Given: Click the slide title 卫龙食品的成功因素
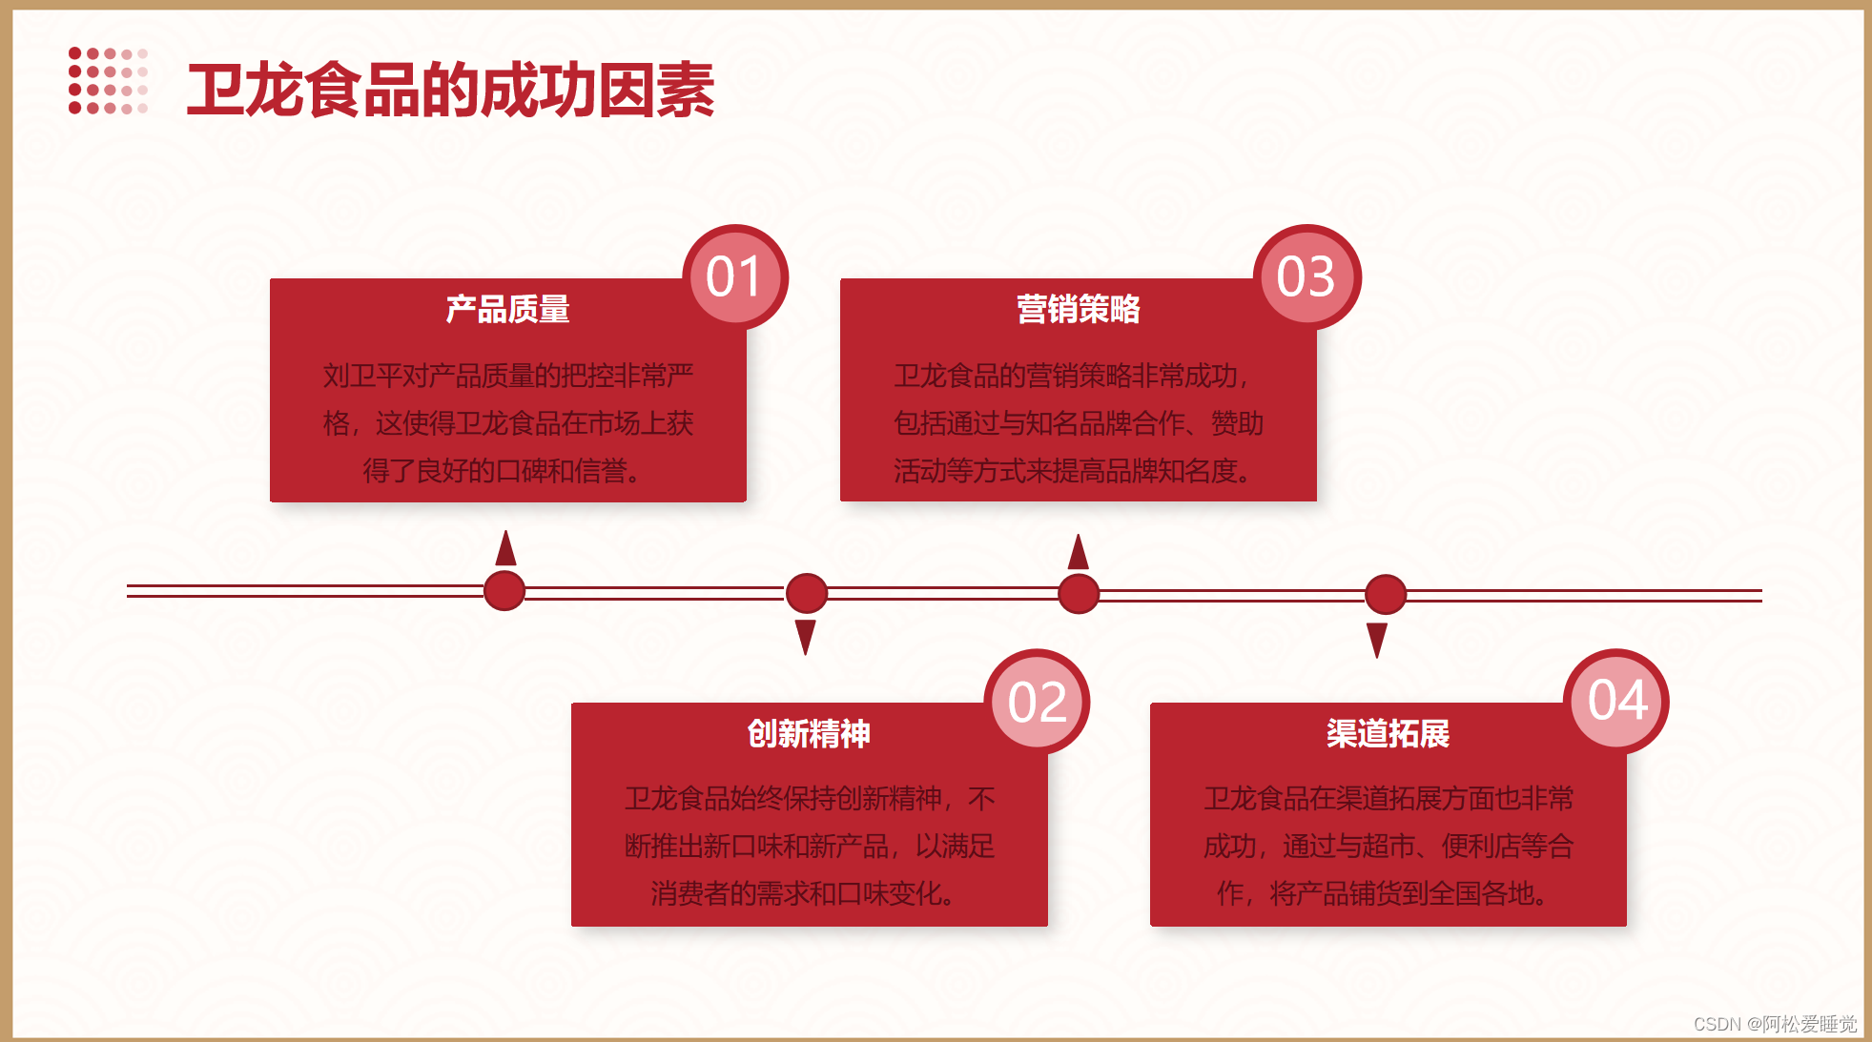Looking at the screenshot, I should tap(450, 91).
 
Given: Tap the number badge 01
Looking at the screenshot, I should tap(734, 277).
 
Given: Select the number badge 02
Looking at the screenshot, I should tap(1037, 703).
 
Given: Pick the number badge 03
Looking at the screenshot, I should tap(1306, 277).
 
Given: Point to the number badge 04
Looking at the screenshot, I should tap(1617, 701).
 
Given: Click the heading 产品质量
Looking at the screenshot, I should tap(507, 309).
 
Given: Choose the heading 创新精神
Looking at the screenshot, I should tap(809, 733).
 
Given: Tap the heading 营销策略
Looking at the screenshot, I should tap(1078, 309).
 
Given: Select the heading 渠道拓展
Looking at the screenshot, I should tap(1388, 733).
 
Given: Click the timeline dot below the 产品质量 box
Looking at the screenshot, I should tap(504, 590).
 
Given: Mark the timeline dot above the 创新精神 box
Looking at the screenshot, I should tap(807, 593).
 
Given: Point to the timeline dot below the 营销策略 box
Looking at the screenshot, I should tap(1079, 593).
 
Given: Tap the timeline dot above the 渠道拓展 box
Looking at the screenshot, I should tap(1386, 594).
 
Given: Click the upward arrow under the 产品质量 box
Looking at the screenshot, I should tap(505, 548).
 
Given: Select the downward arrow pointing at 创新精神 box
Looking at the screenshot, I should tap(806, 636).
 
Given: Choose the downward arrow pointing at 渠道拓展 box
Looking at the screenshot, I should tap(1377, 639).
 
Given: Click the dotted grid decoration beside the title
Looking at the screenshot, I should tap(108, 81).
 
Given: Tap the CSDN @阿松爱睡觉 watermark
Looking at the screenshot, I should tap(1775, 1024).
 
